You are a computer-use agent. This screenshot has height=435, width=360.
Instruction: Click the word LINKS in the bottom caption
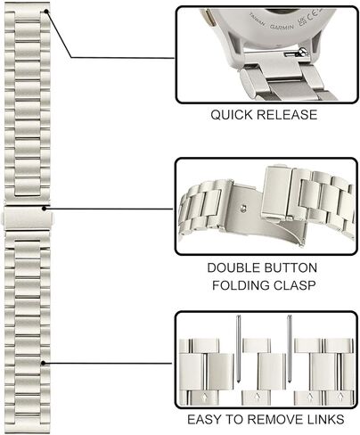pyautogui.click(x=327, y=420)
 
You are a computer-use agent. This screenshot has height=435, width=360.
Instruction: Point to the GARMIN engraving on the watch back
pyautogui.click(x=282, y=27)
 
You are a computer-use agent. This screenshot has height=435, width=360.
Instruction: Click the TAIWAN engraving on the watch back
pyautogui.click(x=258, y=20)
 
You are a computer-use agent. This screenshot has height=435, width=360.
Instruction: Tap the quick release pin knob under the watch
pyautogui.click(x=303, y=53)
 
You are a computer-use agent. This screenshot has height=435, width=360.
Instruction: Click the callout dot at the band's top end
pyautogui.click(x=46, y=12)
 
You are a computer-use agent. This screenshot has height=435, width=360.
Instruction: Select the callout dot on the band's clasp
pyautogui.click(x=45, y=209)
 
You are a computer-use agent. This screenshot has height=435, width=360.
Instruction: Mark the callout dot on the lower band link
pyautogui.click(x=44, y=363)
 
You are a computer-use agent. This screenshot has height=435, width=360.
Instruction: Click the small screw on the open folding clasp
pyautogui.click(x=243, y=208)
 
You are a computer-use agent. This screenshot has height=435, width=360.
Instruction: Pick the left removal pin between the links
pyautogui.click(x=238, y=349)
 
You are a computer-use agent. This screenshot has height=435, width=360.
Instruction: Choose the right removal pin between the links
pyautogui.click(x=290, y=349)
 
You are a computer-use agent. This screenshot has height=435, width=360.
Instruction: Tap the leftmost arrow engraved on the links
pyautogui.click(x=204, y=397)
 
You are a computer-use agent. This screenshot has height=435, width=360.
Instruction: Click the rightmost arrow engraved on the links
pyautogui.click(x=340, y=397)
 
